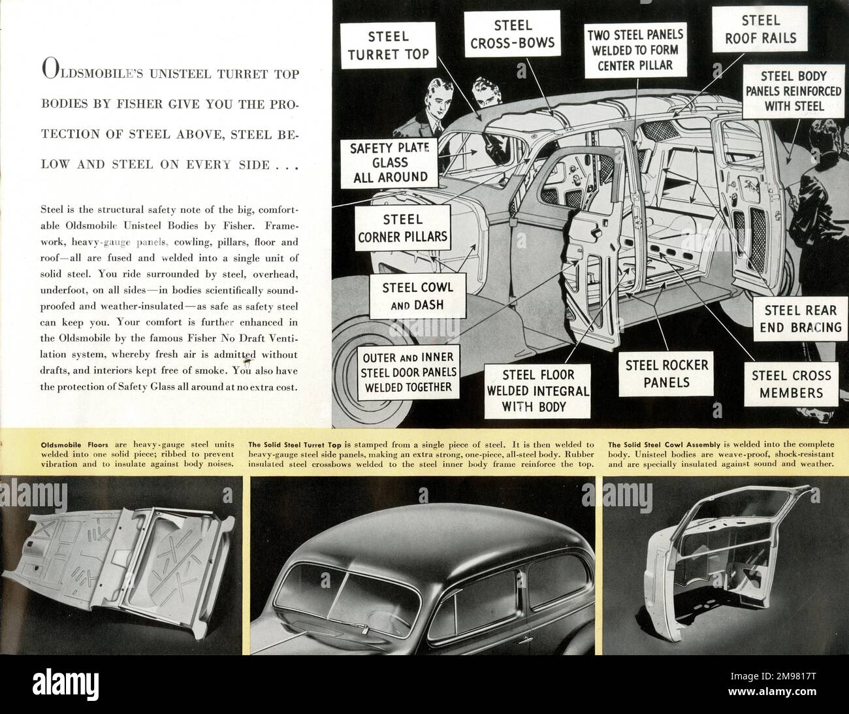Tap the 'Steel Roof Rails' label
[760, 29]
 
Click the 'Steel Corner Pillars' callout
[403, 228]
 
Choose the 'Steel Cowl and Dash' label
[417, 295]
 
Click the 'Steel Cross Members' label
[791, 384]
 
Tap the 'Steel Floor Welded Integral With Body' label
[538, 391]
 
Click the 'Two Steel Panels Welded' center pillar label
[635, 50]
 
